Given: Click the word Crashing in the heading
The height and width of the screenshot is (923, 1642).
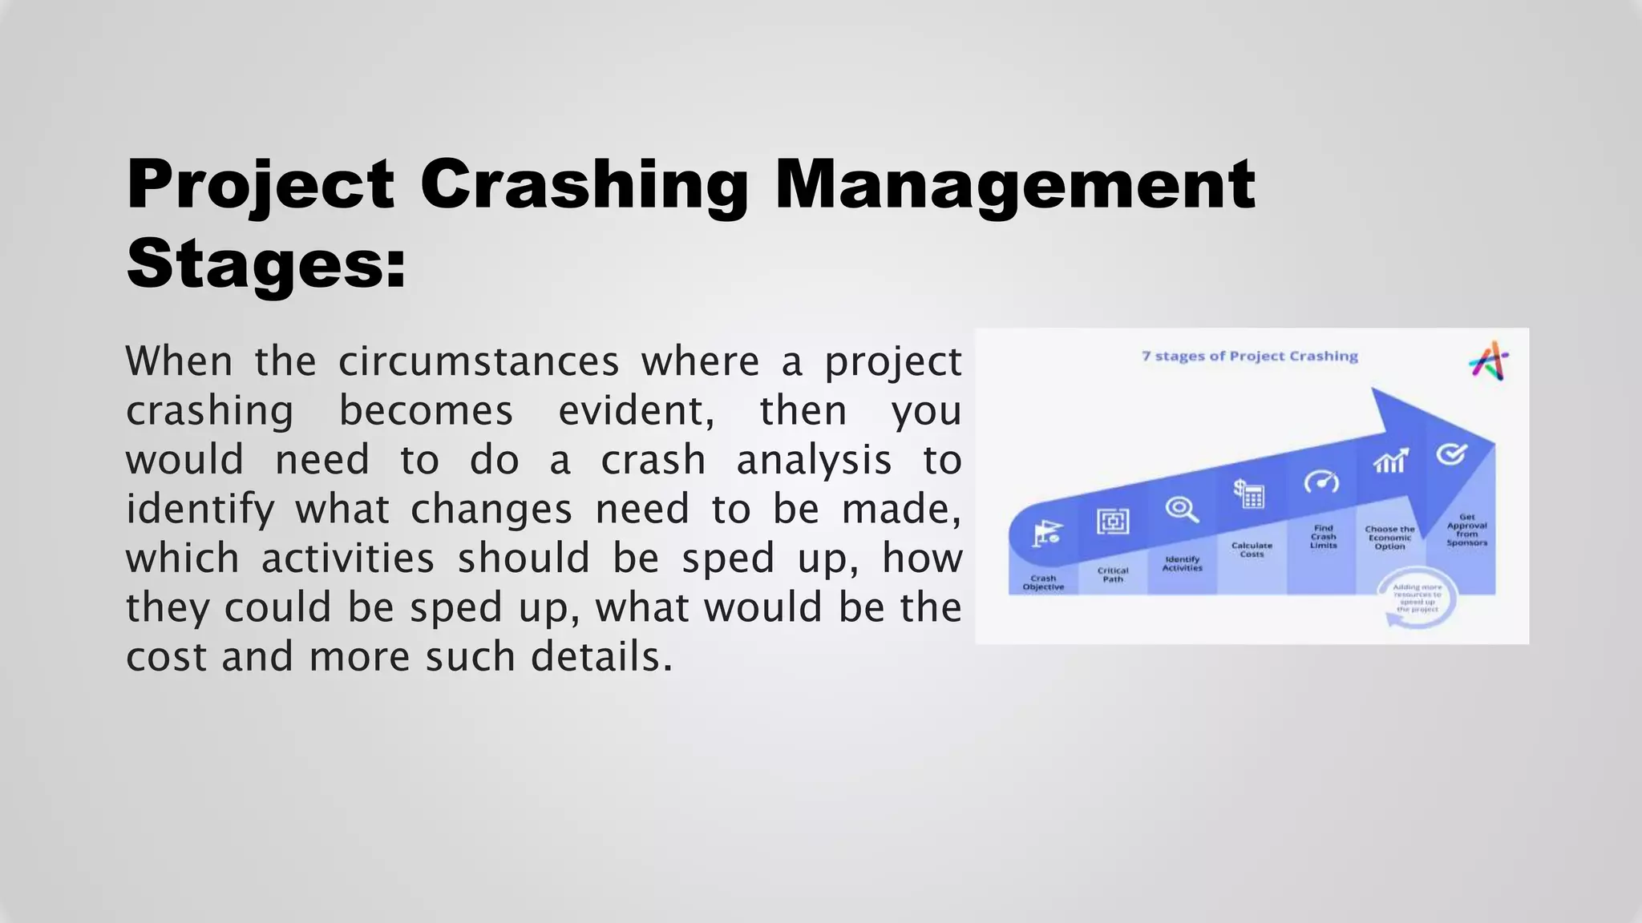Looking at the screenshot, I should (x=584, y=186).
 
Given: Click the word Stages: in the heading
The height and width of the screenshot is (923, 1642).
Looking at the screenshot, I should (x=266, y=264).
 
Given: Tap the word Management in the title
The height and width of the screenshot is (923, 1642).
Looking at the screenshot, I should (x=1014, y=186).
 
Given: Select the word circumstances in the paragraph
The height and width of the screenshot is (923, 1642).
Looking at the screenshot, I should (x=479, y=361).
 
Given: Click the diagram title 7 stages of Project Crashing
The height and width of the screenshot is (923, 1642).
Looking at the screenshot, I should (x=1249, y=356).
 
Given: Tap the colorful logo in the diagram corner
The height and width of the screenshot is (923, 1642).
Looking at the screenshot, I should (x=1489, y=361).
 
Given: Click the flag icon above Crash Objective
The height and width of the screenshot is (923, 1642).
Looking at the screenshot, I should (x=1046, y=533).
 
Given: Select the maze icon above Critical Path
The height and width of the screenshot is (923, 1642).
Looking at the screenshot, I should (x=1113, y=522).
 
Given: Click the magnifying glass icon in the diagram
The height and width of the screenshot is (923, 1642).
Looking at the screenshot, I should (x=1182, y=509).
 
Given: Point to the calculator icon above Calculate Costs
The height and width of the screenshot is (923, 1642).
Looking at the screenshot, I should (x=1249, y=494).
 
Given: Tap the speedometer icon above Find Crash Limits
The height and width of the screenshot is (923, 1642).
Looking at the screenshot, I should (x=1321, y=482).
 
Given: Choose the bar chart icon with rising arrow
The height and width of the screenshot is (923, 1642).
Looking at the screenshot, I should (x=1390, y=461).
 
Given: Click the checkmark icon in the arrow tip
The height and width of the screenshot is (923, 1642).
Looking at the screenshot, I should (x=1451, y=453).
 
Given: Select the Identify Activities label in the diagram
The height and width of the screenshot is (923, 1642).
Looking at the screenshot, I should (x=1182, y=563).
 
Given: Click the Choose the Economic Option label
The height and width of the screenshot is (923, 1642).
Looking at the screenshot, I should (x=1389, y=537).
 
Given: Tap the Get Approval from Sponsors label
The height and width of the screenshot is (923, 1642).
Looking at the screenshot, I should (x=1466, y=530).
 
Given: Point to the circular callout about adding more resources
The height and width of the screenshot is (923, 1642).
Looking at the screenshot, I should (x=1417, y=599).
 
